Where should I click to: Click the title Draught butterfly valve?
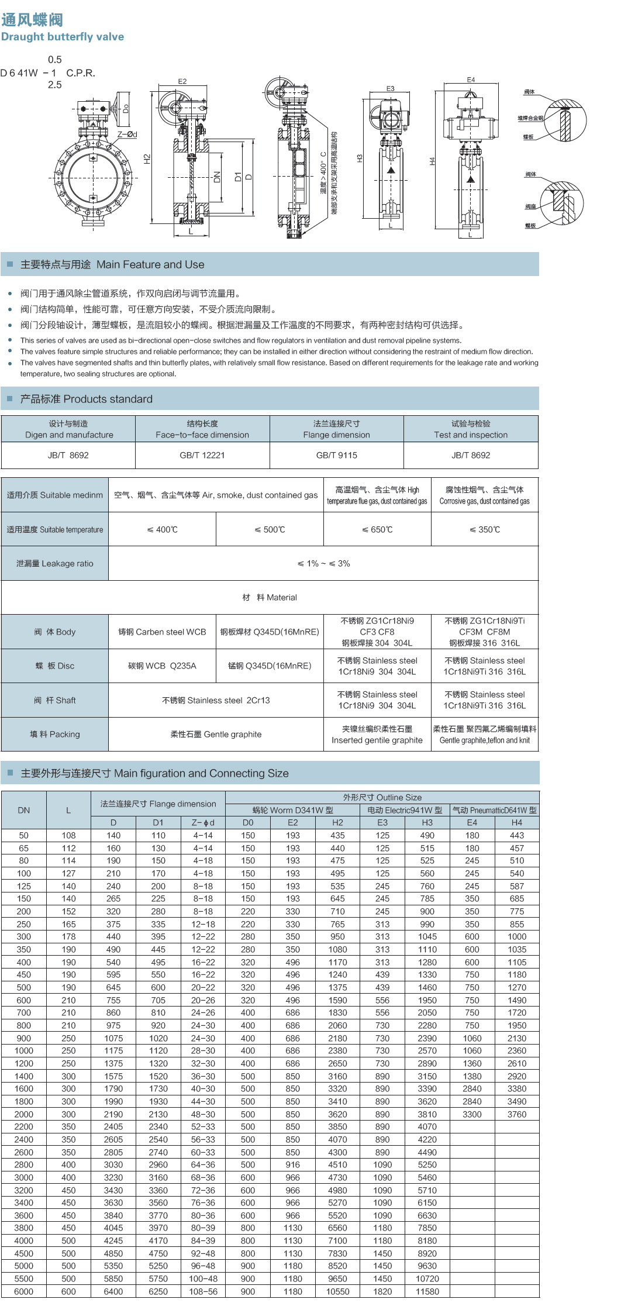[63, 37]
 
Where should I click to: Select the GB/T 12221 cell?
[202, 455]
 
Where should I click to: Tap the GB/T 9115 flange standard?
[336, 455]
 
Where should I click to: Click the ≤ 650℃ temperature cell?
[377, 529]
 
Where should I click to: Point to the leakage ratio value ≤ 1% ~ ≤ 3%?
[323, 563]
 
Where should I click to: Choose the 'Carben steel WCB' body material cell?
[162, 632]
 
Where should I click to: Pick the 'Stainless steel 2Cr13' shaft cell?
[216, 700]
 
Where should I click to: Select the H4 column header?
[517, 822]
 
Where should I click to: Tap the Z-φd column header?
[203, 822]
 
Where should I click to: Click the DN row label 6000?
[24, 1291]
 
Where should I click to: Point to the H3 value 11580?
[427, 1291]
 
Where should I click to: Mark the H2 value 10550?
[337, 1291]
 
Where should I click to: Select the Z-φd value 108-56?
[203, 1291]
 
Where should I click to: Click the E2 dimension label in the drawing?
[182, 82]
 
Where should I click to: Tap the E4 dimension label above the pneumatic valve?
[471, 80]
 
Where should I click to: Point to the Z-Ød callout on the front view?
[127, 135]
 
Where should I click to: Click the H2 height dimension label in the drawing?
[147, 158]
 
